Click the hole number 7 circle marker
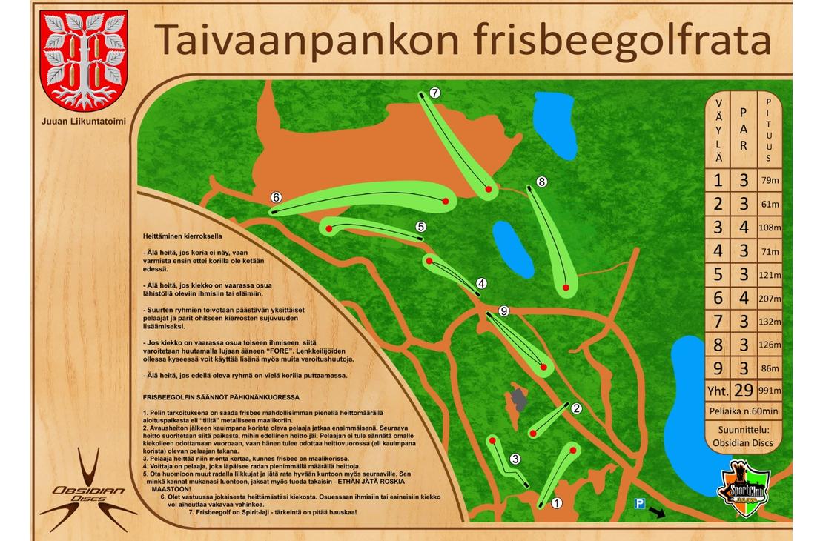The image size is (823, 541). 435,93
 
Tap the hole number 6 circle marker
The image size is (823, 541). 276,197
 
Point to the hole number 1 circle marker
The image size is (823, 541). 557,502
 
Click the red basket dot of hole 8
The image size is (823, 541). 566,287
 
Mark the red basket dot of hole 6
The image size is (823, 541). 446,201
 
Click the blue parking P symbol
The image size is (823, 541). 639,504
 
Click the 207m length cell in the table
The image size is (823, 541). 770,299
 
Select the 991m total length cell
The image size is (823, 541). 770,391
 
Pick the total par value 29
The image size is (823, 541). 744,391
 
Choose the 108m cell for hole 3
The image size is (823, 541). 770,228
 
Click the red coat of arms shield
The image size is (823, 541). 84,59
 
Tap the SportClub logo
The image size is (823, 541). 744,487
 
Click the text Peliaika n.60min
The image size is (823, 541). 744,411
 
